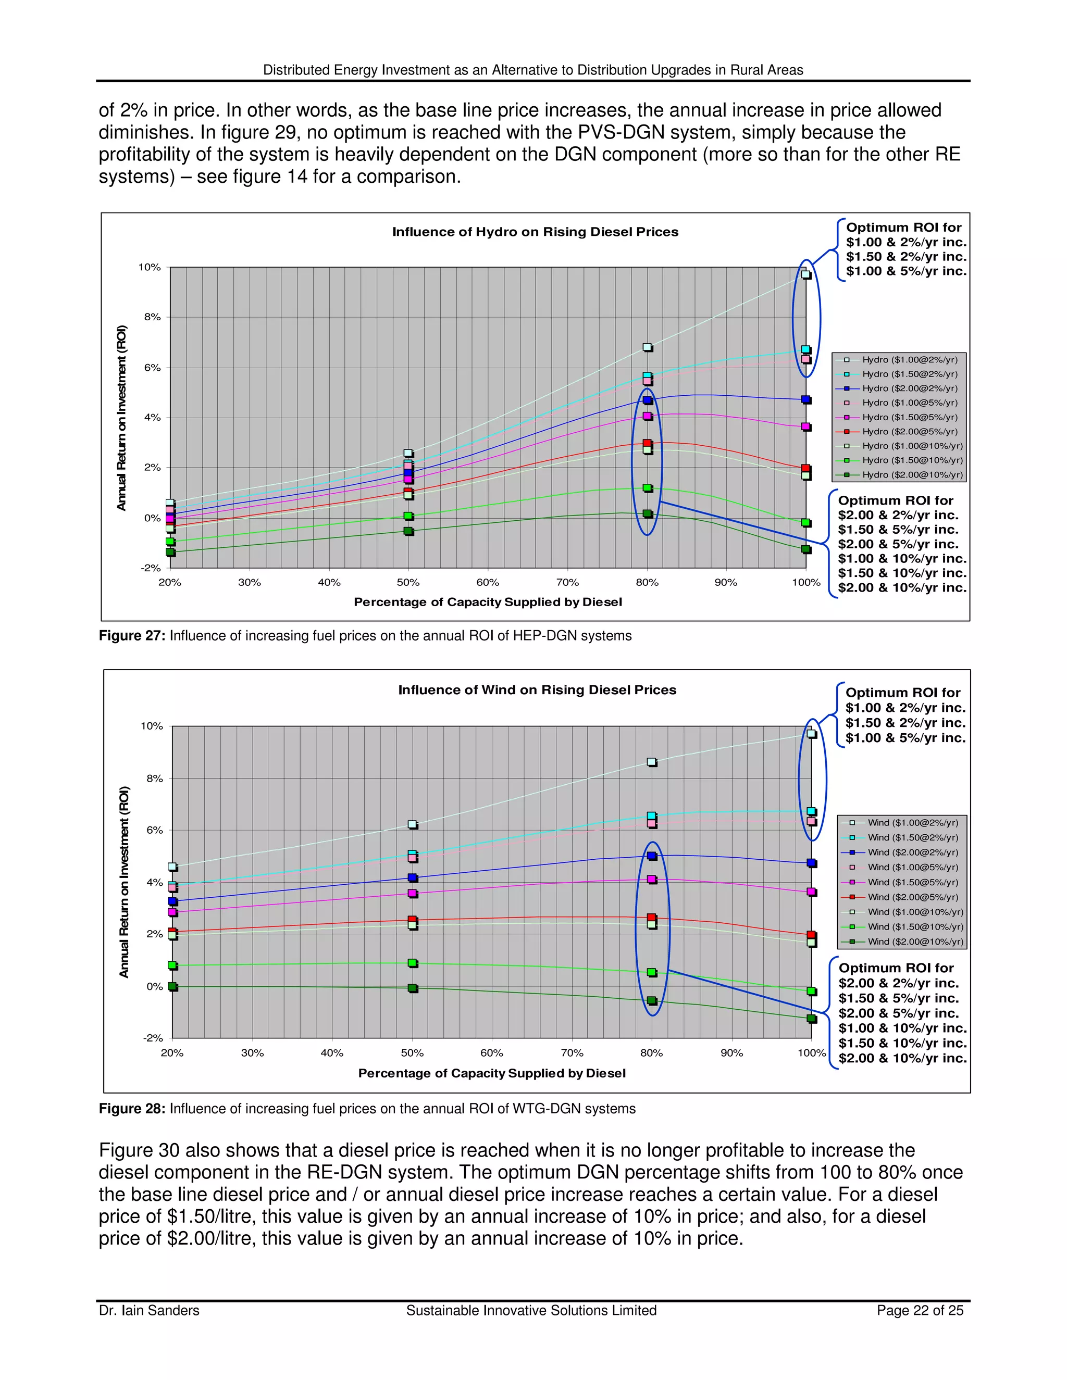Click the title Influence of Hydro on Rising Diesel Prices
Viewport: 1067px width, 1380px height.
535,232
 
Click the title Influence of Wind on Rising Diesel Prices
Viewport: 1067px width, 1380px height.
537,690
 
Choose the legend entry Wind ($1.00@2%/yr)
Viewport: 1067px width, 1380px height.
912,823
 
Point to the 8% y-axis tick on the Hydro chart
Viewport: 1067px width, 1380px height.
152,317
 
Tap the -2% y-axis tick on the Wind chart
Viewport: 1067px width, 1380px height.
153,1038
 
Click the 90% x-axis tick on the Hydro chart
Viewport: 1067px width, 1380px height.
726,583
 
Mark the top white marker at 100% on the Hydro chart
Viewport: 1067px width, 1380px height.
806,274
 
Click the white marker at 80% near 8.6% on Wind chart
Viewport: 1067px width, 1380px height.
652,762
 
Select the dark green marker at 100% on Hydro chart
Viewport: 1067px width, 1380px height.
806,549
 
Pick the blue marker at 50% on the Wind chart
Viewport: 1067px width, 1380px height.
413,877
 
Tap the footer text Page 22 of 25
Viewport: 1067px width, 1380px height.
920,1311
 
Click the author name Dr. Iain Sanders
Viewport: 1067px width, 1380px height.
148,1311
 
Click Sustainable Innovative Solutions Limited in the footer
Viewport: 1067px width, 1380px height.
531,1311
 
